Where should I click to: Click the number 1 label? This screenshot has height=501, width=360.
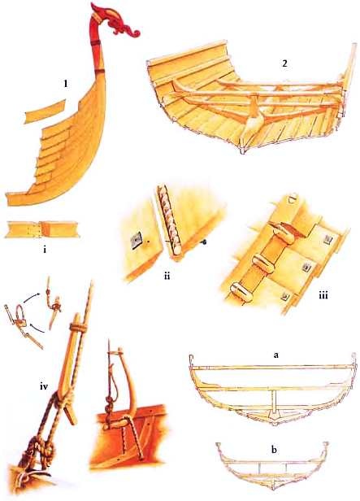(x=66, y=84)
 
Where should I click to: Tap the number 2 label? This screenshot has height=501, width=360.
(x=284, y=63)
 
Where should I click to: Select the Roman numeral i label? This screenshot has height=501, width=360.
(x=45, y=249)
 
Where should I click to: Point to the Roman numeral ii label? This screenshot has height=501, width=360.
(x=167, y=276)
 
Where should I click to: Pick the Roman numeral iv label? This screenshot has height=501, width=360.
(x=44, y=387)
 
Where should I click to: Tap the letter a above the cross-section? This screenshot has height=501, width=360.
(x=276, y=355)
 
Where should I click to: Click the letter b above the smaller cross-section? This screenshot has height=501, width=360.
(x=274, y=450)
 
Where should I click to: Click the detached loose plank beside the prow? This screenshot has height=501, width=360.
(x=45, y=112)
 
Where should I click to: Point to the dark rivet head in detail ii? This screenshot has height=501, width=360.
(x=204, y=243)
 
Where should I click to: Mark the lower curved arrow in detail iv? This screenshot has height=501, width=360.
(x=37, y=329)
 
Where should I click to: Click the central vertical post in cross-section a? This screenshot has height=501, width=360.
(x=274, y=400)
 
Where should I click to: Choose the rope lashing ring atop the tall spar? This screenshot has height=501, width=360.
(x=78, y=328)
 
